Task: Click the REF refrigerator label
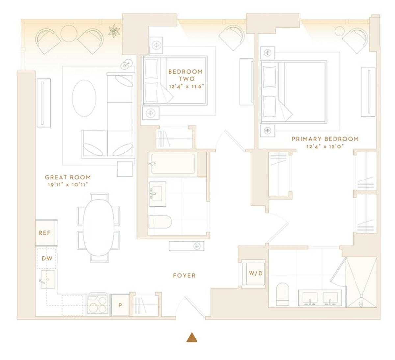[x=45, y=233]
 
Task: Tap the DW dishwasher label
[x=47, y=258]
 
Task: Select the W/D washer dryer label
[x=255, y=273]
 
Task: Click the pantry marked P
[x=120, y=305]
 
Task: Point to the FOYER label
[x=184, y=275]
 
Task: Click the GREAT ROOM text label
[x=68, y=177]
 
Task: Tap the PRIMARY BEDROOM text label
[x=325, y=139]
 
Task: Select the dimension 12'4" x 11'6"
[x=186, y=86]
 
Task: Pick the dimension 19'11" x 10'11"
[x=67, y=185]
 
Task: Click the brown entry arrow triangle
[x=192, y=337]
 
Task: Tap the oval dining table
[x=98, y=228]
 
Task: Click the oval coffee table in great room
[x=84, y=98]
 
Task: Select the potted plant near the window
[x=114, y=31]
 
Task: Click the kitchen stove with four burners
[x=98, y=305]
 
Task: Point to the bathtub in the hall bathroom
[x=173, y=164]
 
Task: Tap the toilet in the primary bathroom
[x=283, y=294]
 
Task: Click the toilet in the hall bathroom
[x=160, y=222]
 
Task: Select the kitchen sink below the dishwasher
[x=48, y=279]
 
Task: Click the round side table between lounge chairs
[x=69, y=33]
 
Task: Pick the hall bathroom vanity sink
[x=157, y=194]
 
